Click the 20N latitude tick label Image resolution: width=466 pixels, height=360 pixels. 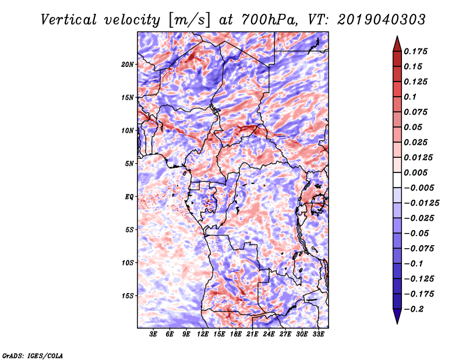(128, 65)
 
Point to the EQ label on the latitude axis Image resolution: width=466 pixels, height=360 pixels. (129, 197)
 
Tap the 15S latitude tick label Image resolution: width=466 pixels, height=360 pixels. (128, 296)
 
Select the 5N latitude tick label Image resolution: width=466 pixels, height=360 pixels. (129, 164)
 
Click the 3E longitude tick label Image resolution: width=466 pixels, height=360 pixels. (153, 334)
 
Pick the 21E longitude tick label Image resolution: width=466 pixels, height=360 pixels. (252, 334)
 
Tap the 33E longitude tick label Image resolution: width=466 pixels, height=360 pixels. (318, 334)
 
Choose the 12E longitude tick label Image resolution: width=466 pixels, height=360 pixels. (202, 334)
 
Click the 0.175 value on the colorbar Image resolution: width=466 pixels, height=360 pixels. (415, 51)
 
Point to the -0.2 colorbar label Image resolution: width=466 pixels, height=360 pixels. (414, 309)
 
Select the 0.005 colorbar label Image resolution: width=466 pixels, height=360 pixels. (415, 172)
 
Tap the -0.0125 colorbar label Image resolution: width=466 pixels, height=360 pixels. (421, 203)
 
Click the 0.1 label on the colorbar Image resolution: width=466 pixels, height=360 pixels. (410, 97)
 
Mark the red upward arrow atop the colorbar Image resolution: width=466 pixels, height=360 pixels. (397, 44)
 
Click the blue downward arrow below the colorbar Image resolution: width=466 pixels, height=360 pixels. (397, 316)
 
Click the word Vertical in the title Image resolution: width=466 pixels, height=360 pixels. (68, 20)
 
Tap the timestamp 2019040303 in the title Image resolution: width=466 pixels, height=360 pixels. (382, 20)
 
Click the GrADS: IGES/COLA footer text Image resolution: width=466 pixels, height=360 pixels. (33, 355)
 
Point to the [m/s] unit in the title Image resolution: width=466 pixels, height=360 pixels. (189, 20)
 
